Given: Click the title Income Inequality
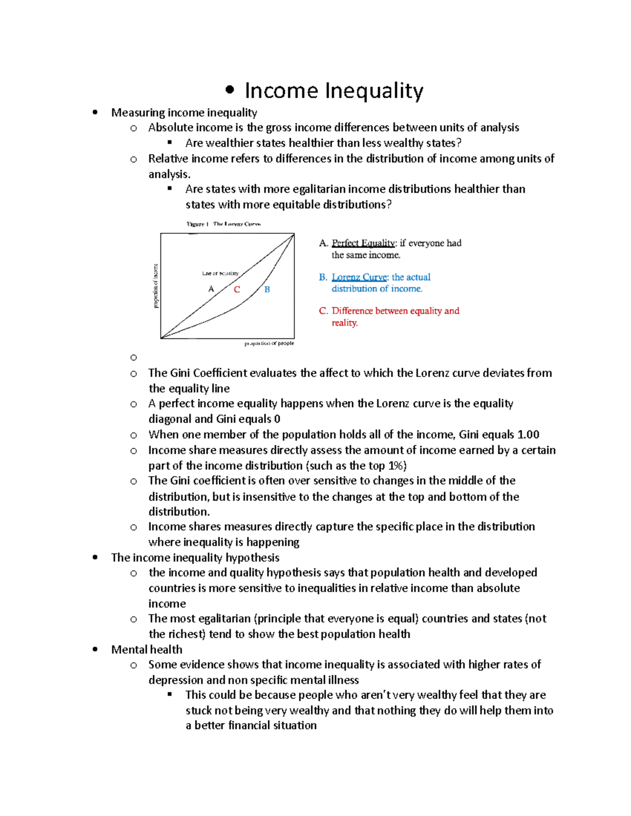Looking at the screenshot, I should [x=333, y=90].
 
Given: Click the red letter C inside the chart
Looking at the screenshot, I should [x=237, y=290].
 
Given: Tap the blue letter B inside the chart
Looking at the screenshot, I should [x=267, y=290].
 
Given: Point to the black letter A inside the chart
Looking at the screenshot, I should [x=211, y=289].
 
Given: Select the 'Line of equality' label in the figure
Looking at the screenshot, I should [x=220, y=273].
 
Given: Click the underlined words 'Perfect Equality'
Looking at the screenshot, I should [x=363, y=243].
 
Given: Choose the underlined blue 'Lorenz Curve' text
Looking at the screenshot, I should [x=359, y=277].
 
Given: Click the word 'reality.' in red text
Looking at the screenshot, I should [x=344, y=323].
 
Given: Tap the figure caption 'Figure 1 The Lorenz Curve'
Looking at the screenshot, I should [x=223, y=224].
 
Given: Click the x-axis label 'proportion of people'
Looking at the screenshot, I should [x=269, y=343].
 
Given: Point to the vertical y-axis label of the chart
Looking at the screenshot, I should [x=156, y=286].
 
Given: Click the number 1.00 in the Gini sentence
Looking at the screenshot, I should [x=528, y=435].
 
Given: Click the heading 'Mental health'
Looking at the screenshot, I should [x=147, y=649].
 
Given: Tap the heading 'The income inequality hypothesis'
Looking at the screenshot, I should [x=195, y=557].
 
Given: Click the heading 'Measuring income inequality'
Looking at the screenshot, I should [x=184, y=112].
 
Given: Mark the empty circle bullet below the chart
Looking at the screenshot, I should [x=134, y=358].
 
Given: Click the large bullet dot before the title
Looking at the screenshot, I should [x=229, y=90].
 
